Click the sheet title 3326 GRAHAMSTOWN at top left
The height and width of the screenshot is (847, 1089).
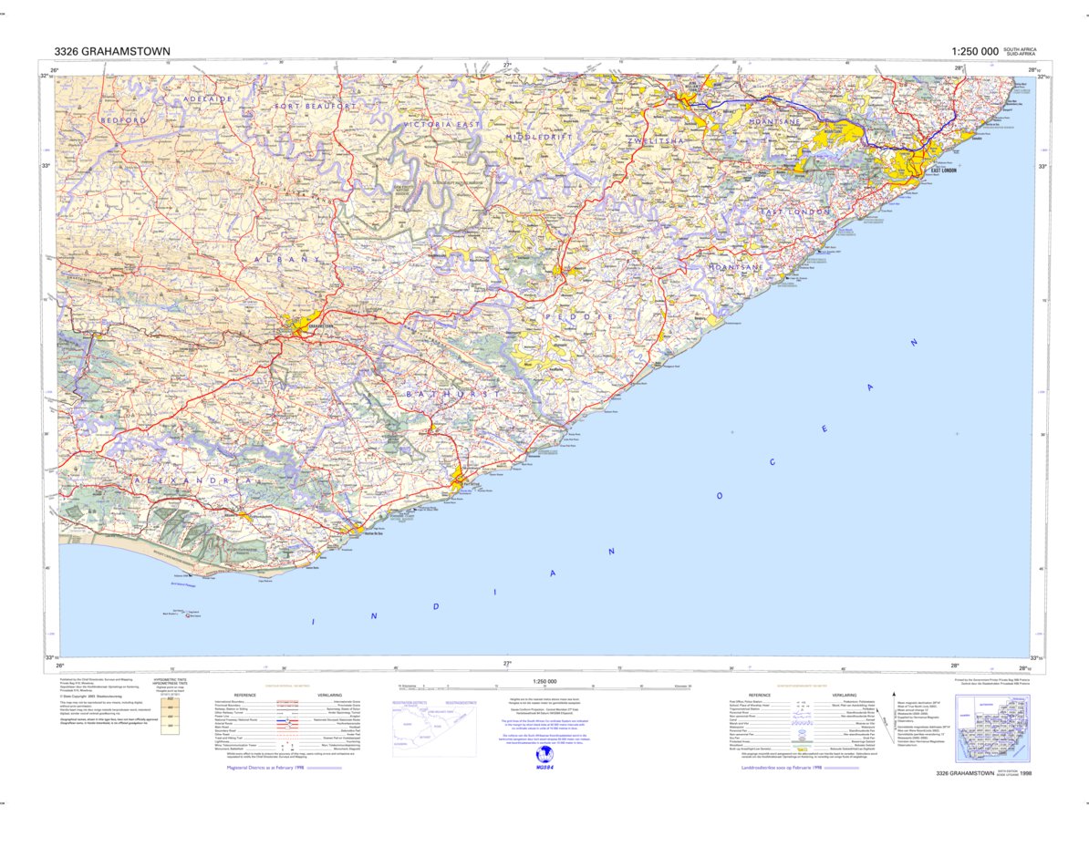[111, 51]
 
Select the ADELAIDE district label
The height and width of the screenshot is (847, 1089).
[209, 98]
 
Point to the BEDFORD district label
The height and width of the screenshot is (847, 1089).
[123, 120]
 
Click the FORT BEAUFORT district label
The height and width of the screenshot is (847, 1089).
[316, 107]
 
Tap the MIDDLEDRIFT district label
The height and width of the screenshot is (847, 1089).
[543, 137]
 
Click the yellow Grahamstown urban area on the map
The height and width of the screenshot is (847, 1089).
[298, 323]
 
